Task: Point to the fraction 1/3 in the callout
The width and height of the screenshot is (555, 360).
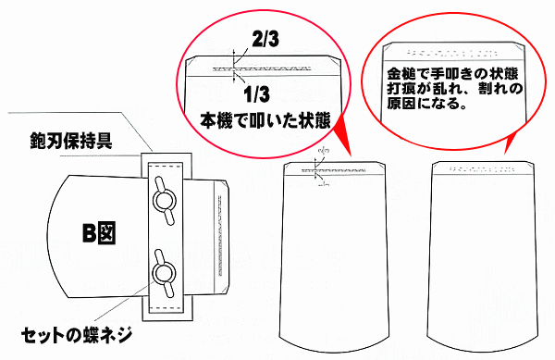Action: point(262,93)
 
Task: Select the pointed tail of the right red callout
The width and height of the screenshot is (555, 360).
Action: point(508,147)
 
